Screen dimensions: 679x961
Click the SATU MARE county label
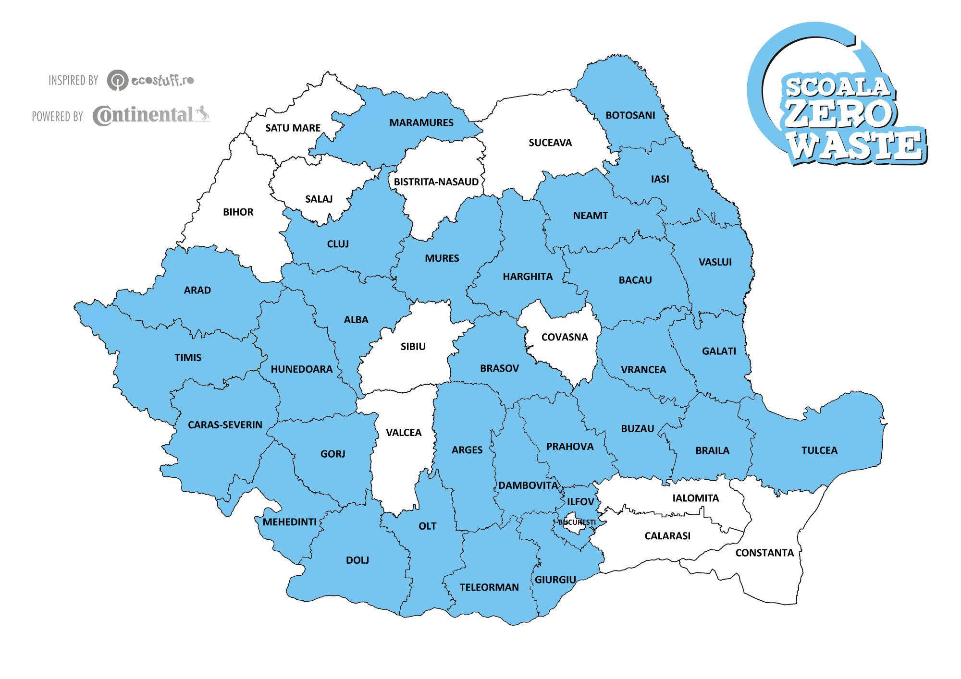pyautogui.click(x=293, y=128)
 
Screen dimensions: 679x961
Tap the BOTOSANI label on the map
pyautogui.click(x=630, y=115)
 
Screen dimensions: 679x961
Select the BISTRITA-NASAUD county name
pyautogui.click(x=436, y=182)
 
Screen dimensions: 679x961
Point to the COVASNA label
pyautogui.click(x=565, y=337)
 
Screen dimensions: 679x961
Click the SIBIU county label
pyautogui.click(x=413, y=346)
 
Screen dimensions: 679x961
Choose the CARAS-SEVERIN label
pyautogui.click(x=225, y=425)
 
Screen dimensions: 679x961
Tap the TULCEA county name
pyautogui.click(x=819, y=450)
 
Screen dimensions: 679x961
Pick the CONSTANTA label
pyautogui.click(x=764, y=553)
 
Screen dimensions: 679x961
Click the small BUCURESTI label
pyautogui.click(x=577, y=522)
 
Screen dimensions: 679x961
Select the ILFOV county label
pyautogui.click(x=580, y=502)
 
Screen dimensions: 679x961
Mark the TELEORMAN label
pyautogui.click(x=489, y=587)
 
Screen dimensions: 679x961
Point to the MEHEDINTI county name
pyautogui.click(x=289, y=522)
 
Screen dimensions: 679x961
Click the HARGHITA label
pyautogui.click(x=528, y=277)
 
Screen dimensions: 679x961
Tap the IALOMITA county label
pyautogui.click(x=695, y=498)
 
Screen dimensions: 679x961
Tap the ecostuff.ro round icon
pyautogui.click(x=117, y=80)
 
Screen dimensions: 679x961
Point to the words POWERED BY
pyautogui.click(x=58, y=117)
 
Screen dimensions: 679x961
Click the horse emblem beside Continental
pyautogui.click(x=202, y=113)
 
